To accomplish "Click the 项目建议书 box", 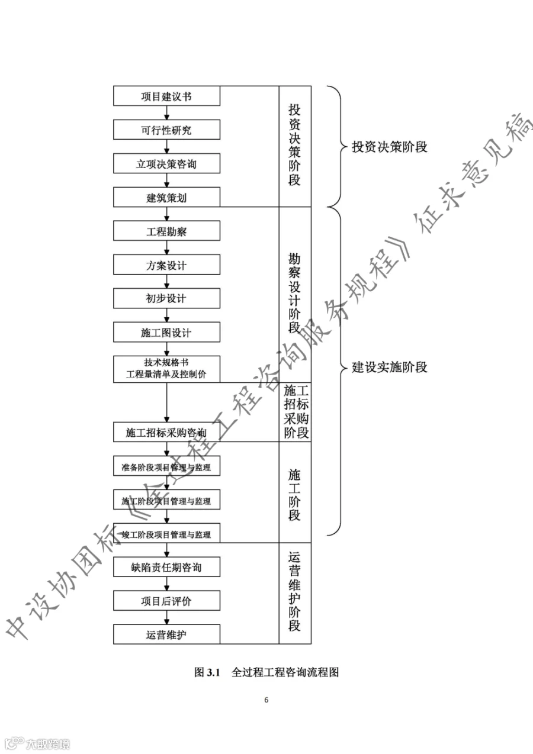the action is (166, 96).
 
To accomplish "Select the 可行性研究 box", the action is (166, 130).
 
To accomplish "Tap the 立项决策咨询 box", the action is (166, 164).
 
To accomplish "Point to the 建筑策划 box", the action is (166, 198).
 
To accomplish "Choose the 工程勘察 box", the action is (166, 231).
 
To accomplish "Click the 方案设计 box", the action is (166, 265).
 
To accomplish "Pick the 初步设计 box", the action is (166, 298).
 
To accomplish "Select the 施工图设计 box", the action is (166, 333).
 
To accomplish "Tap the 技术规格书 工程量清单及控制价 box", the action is (166, 368).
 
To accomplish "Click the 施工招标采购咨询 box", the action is (166, 432).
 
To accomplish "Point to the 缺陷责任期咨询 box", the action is (166, 568).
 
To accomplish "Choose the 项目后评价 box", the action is (166, 601).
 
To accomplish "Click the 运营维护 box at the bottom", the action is (166, 635).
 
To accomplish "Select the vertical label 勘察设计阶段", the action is (294, 294).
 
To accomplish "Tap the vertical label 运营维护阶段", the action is (294, 592).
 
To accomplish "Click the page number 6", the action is (266, 700).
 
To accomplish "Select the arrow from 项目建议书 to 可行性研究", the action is (167, 113).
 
